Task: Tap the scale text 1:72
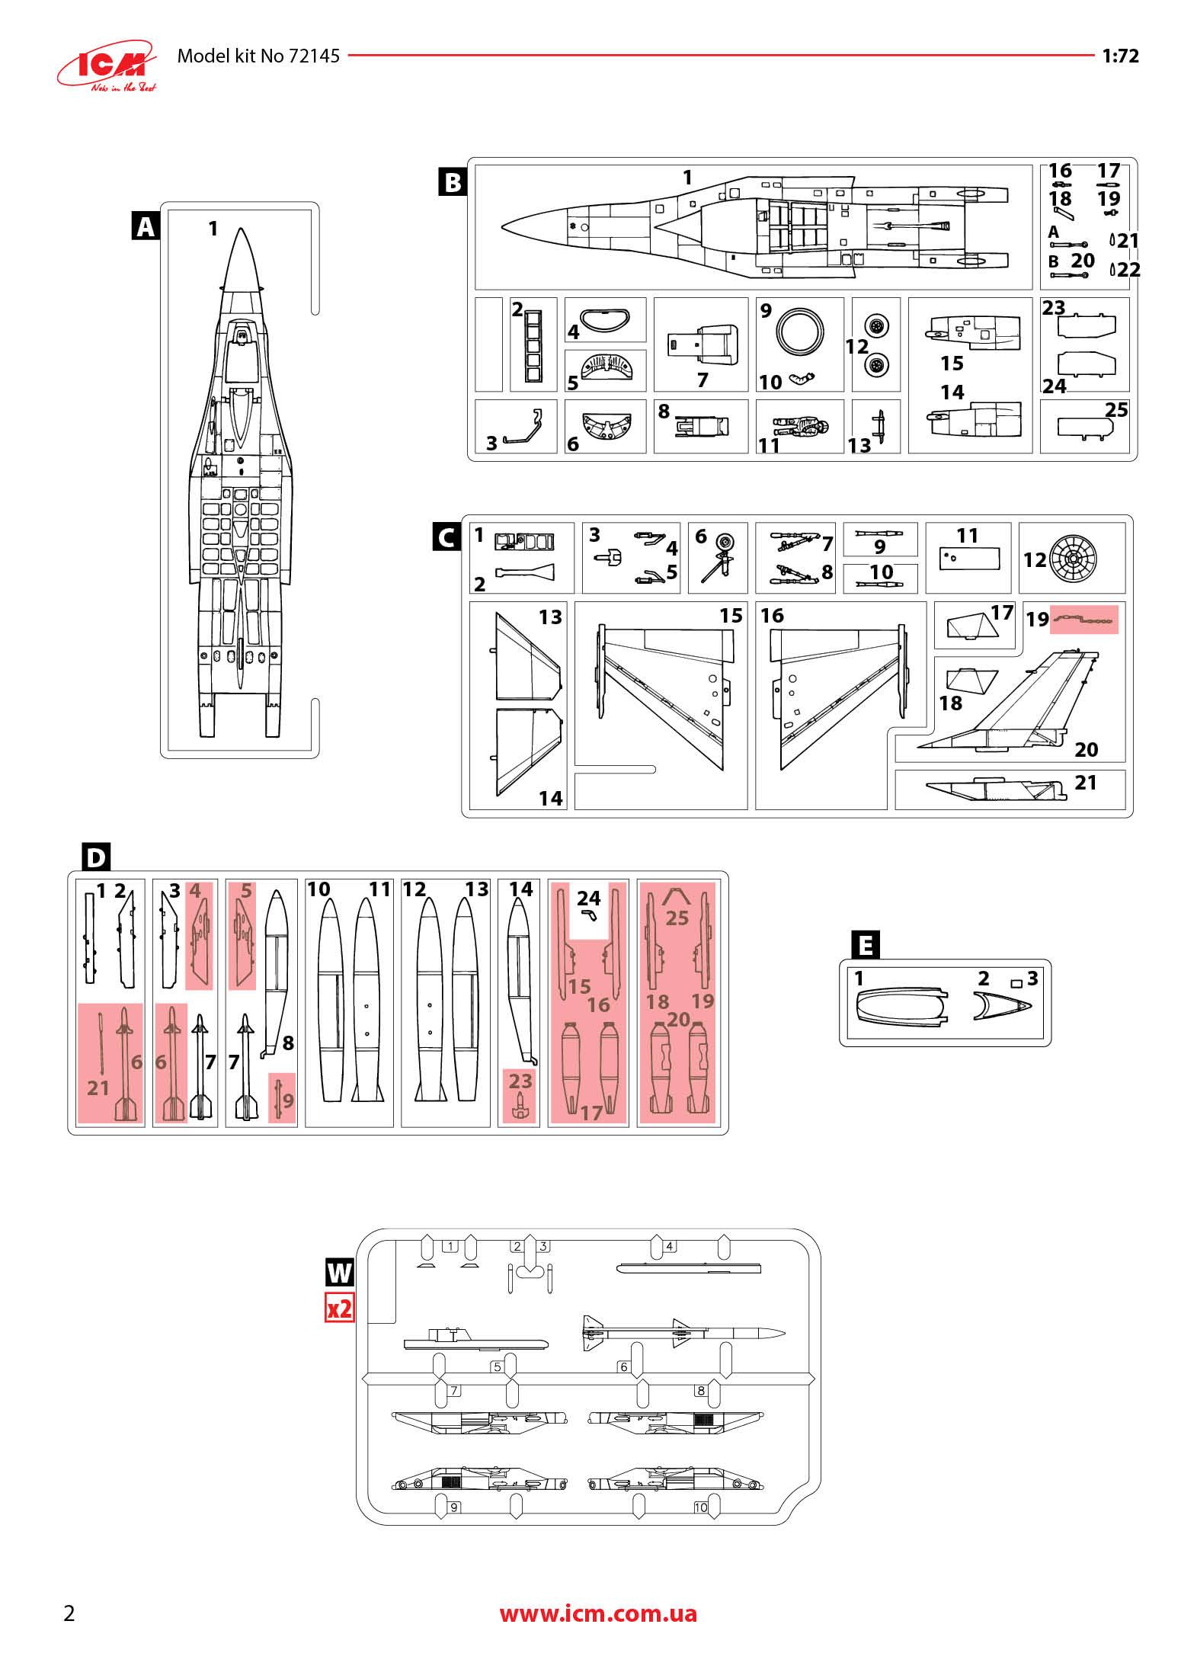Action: (1120, 56)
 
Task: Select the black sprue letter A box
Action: (146, 226)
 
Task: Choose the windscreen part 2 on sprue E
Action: (1002, 1007)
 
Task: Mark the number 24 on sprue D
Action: (588, 898)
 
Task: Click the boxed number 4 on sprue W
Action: (670, 1247)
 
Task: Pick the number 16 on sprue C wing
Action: (772, 615)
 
